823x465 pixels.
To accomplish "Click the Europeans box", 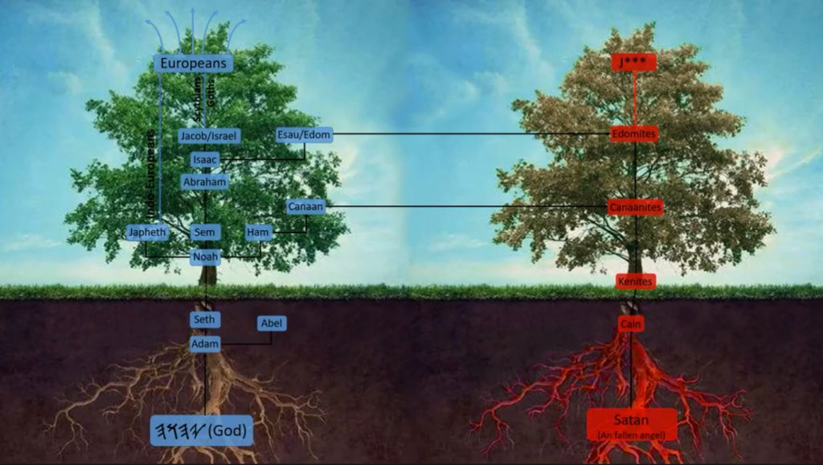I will click(x=193, y=64).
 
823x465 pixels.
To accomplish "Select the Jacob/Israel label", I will click(x=209, y=136).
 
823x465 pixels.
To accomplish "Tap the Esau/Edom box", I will click(x=304, y=134).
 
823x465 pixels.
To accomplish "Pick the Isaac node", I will click(x=205, y=159).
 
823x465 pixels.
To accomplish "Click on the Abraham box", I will click(x=205, y=182).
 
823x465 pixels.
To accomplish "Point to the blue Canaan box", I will click(x=305, y=207).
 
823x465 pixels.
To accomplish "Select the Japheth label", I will click(x=148, y=232).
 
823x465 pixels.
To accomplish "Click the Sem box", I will click(x=205, y=232).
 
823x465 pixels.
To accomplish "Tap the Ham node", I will click(x=259, y=232).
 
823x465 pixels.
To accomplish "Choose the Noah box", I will click(x=205, y=257).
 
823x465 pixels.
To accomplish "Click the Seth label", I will click(x=205, y=319).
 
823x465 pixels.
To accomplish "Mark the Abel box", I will click(x=272, y=323).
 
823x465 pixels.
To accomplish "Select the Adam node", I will click(x=205, y=344).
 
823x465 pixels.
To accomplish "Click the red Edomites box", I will click(x=634, y=134).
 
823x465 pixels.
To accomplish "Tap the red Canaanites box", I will click(x=635, y=207).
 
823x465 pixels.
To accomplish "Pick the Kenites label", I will click(x=636, y=282).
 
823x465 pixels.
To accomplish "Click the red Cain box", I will click(x=631, y=323).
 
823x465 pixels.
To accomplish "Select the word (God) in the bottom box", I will click(x=228, y=431).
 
